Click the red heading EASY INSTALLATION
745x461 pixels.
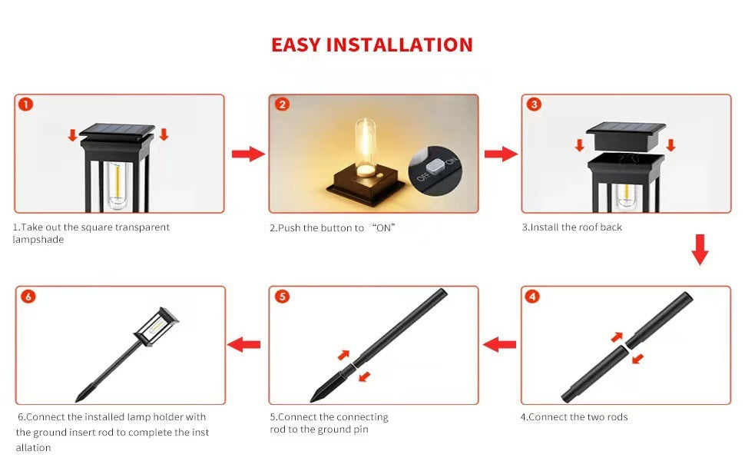click(x=372, y=45)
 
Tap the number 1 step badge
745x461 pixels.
click(x=26, y=104)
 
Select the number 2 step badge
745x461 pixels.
click(x=282, y=104)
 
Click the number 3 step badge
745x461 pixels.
click(x=535, y=104)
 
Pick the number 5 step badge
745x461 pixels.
click(x=282, y=297)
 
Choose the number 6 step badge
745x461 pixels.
click(x=28, y=297)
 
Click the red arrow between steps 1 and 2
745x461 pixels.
click(x=247, y=154)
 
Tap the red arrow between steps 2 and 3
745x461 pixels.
click(x=500, y=154)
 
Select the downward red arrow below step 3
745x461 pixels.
click(x=699, y=250)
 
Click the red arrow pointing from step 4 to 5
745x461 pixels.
click(x=499, y=345)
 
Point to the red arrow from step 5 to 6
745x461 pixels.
click(x=246, y=345)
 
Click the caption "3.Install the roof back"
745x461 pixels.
click(x=571, y=227)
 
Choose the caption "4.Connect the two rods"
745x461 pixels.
click(x=574, y=417)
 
